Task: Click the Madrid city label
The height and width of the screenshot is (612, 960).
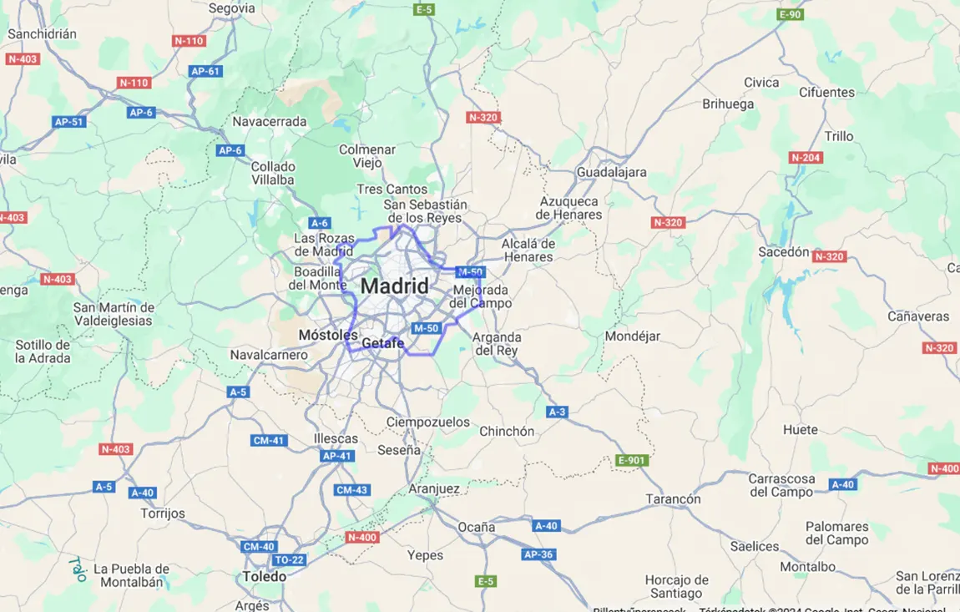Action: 395,286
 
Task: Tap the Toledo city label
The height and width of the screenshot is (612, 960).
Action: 265,577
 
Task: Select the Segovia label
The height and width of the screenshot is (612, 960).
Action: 231,8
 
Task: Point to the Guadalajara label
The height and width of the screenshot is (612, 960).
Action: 611,172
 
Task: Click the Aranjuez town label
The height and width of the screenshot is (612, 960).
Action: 434,488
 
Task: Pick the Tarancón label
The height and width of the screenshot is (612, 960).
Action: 673,498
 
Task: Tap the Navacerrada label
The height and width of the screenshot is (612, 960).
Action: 270,121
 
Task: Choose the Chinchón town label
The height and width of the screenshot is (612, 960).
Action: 507,432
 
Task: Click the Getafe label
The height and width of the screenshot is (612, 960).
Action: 383,343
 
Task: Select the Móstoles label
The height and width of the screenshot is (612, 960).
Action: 328,335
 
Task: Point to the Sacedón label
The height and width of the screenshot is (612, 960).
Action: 784,251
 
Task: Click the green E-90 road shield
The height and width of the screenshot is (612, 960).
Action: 790,14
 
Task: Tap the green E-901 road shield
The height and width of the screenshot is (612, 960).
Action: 631,460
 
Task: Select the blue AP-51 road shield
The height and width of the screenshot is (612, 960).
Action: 69,122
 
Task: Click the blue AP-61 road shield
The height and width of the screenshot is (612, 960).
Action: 205,71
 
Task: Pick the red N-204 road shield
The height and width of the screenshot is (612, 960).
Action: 806,157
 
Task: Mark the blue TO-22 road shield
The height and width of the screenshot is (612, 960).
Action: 289,559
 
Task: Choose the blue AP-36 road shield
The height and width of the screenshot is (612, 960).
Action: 538,554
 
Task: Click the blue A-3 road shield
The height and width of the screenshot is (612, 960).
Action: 558,412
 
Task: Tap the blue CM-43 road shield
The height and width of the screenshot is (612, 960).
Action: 351,490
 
